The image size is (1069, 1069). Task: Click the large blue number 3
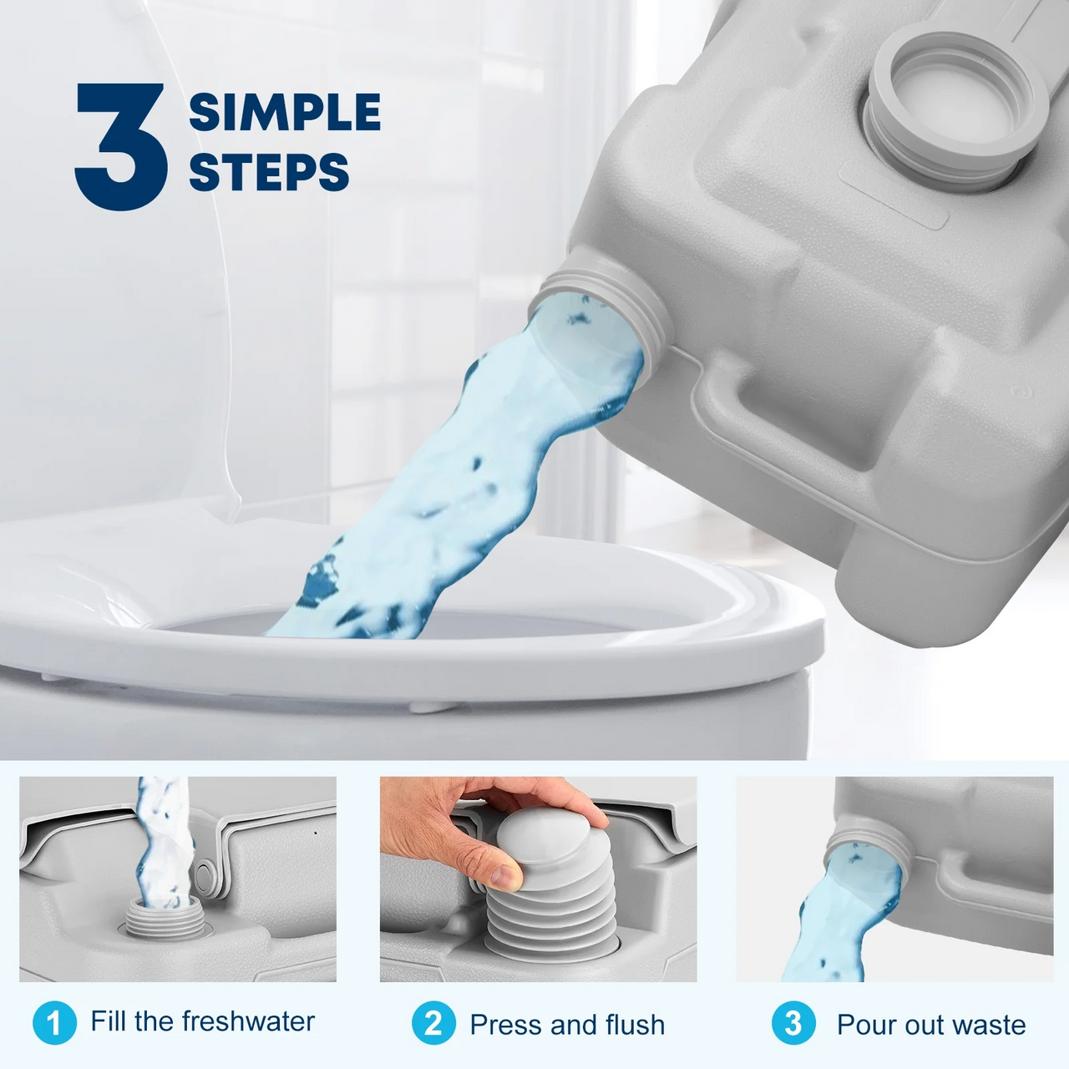121,146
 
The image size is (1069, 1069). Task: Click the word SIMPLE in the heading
284,113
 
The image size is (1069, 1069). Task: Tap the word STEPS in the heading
268,172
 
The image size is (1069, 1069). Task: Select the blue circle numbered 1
54,1023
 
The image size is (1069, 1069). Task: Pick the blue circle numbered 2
433,1023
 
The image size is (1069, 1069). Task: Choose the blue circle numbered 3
793,1023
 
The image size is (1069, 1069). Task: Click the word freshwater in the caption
248,1021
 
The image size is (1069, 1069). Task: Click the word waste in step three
989,1025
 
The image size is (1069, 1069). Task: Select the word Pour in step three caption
864,1025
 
